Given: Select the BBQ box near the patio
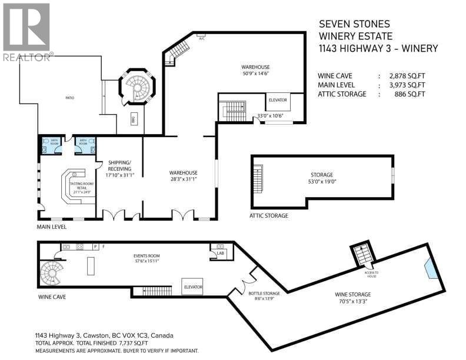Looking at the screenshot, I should click(x=132, y=115).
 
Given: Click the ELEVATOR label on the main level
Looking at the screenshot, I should click(x=277, y=100).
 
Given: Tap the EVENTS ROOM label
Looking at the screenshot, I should click(x=147, y=255).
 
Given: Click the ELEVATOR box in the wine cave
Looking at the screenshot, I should click(x=192, y=286).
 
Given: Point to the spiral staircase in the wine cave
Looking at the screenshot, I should click(x=50, y=274).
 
